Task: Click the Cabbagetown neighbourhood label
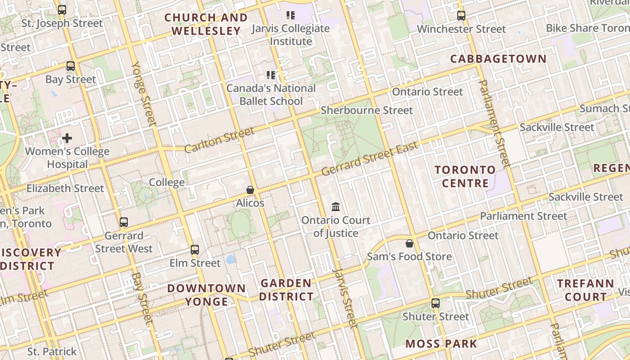pos(498,59)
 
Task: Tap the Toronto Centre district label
pos(465,176)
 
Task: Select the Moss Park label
pos(441,344)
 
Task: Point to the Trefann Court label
pos(586,290)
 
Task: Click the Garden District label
pos(286,290)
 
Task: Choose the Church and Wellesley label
pos(206,24)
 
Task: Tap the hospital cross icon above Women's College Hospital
pos(67,138)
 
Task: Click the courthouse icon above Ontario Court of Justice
pos(336,207)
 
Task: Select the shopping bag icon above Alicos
pos(250,190)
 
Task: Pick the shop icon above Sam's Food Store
pos(409,243)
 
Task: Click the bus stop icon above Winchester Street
pos(461,16)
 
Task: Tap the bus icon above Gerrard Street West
pos(123,222)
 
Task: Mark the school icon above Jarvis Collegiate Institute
pos(291,15)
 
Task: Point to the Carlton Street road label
pos(219,140)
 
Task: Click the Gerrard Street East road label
pos(370,160)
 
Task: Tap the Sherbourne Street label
pos(367,110)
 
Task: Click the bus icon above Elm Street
pos(195,249)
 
